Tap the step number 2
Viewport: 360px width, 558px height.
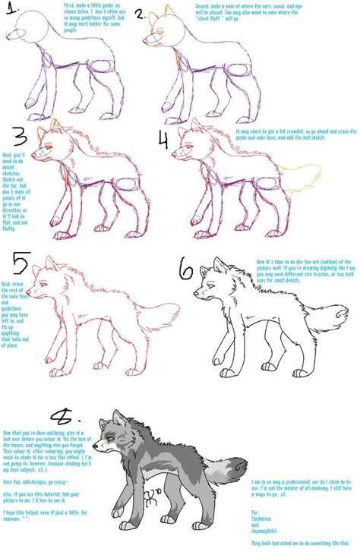click(140, 14)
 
